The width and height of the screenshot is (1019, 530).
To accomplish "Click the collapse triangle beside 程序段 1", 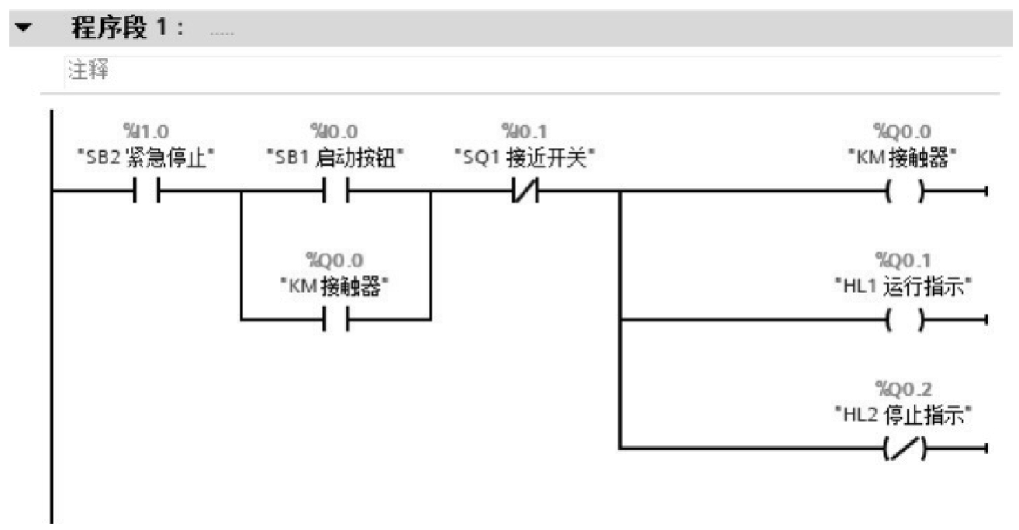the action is tap(23, 27).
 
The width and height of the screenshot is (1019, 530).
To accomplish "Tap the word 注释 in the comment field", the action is tap(88, 70).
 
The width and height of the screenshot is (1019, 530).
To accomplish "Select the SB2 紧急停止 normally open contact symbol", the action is tap(146, 191).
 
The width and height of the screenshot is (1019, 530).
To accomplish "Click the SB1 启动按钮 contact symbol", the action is tap(336, 191).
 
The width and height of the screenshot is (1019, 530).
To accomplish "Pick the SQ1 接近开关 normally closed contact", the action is tap(526, 191).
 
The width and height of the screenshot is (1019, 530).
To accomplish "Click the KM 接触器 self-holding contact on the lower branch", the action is tap(336, 319).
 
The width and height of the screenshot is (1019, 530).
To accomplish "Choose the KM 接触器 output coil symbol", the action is tap(905, 191).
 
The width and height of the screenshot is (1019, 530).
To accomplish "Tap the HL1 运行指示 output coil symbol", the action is tap(905, 319).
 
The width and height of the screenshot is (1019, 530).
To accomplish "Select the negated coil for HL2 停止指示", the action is tap(905, 448).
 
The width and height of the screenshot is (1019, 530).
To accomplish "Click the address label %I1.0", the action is tap(146, 132).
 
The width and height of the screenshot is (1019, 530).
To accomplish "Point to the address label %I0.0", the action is tap(334, 132).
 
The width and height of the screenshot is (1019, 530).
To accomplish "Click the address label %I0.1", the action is tap(524, 132).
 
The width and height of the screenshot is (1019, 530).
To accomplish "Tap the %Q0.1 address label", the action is tap(903, 260).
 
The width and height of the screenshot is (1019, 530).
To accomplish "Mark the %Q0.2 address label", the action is tap(903, 389).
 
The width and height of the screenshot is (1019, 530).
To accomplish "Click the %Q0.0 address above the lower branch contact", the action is tap(335, 260).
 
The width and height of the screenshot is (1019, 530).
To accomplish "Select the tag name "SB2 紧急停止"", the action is tap(146, 158).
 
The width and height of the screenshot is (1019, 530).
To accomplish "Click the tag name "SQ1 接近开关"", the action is tap(524, 158).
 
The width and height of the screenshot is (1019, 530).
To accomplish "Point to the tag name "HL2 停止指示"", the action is tap(903, 415).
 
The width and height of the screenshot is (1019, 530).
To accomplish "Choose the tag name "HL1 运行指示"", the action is tap(903, 287).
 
